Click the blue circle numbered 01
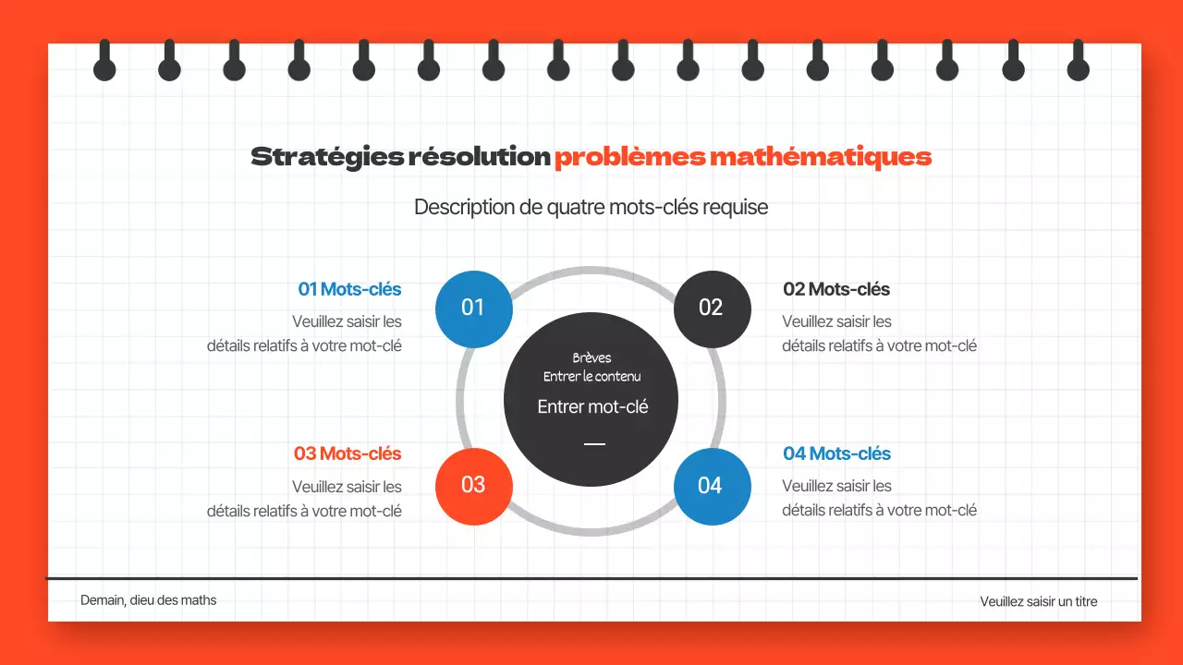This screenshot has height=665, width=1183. click(x=473, y=308)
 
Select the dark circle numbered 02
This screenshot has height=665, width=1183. click(x=711, y=308)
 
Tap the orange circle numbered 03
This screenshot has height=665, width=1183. click(x=473, y=486)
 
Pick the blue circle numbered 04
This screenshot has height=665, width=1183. click(x=711, y=486)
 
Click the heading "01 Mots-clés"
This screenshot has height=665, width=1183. click(x=349, y=289)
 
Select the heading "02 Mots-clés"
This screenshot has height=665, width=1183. click(x=835, y=289)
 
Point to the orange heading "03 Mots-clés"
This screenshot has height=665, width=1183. click(x=348, y=453)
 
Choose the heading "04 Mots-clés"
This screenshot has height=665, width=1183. click(x=836, y=453)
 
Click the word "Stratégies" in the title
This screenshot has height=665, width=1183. click(x=326, y=157)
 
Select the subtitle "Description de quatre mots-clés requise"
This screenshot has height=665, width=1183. click(x=591, y=207)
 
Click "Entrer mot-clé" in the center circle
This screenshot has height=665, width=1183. click(x=592, y=406)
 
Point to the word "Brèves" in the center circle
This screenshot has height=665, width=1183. click(x=591, y=358)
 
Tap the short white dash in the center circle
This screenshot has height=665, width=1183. click(x=594, y=444)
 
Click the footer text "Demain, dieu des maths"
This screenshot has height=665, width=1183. click(x=148, y=600)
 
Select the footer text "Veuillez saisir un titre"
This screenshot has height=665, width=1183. click(x=1039, y=602)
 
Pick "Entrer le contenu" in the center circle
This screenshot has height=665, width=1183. click(x=591, y=377)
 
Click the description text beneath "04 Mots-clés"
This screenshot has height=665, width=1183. click(x=879, y=498)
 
